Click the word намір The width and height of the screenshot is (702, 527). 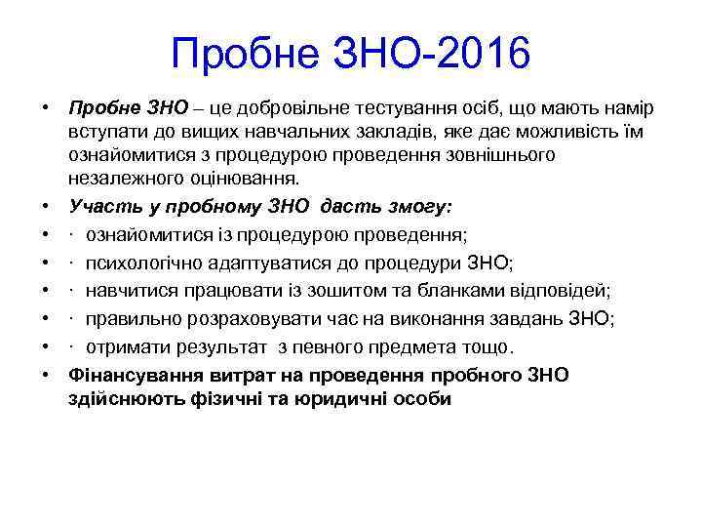[x=604, y=104]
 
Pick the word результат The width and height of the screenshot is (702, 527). [x=215, y=346]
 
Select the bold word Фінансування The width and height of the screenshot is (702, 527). [x=133, y=375]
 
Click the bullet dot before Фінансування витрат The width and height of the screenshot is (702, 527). [x=45, y=375]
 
